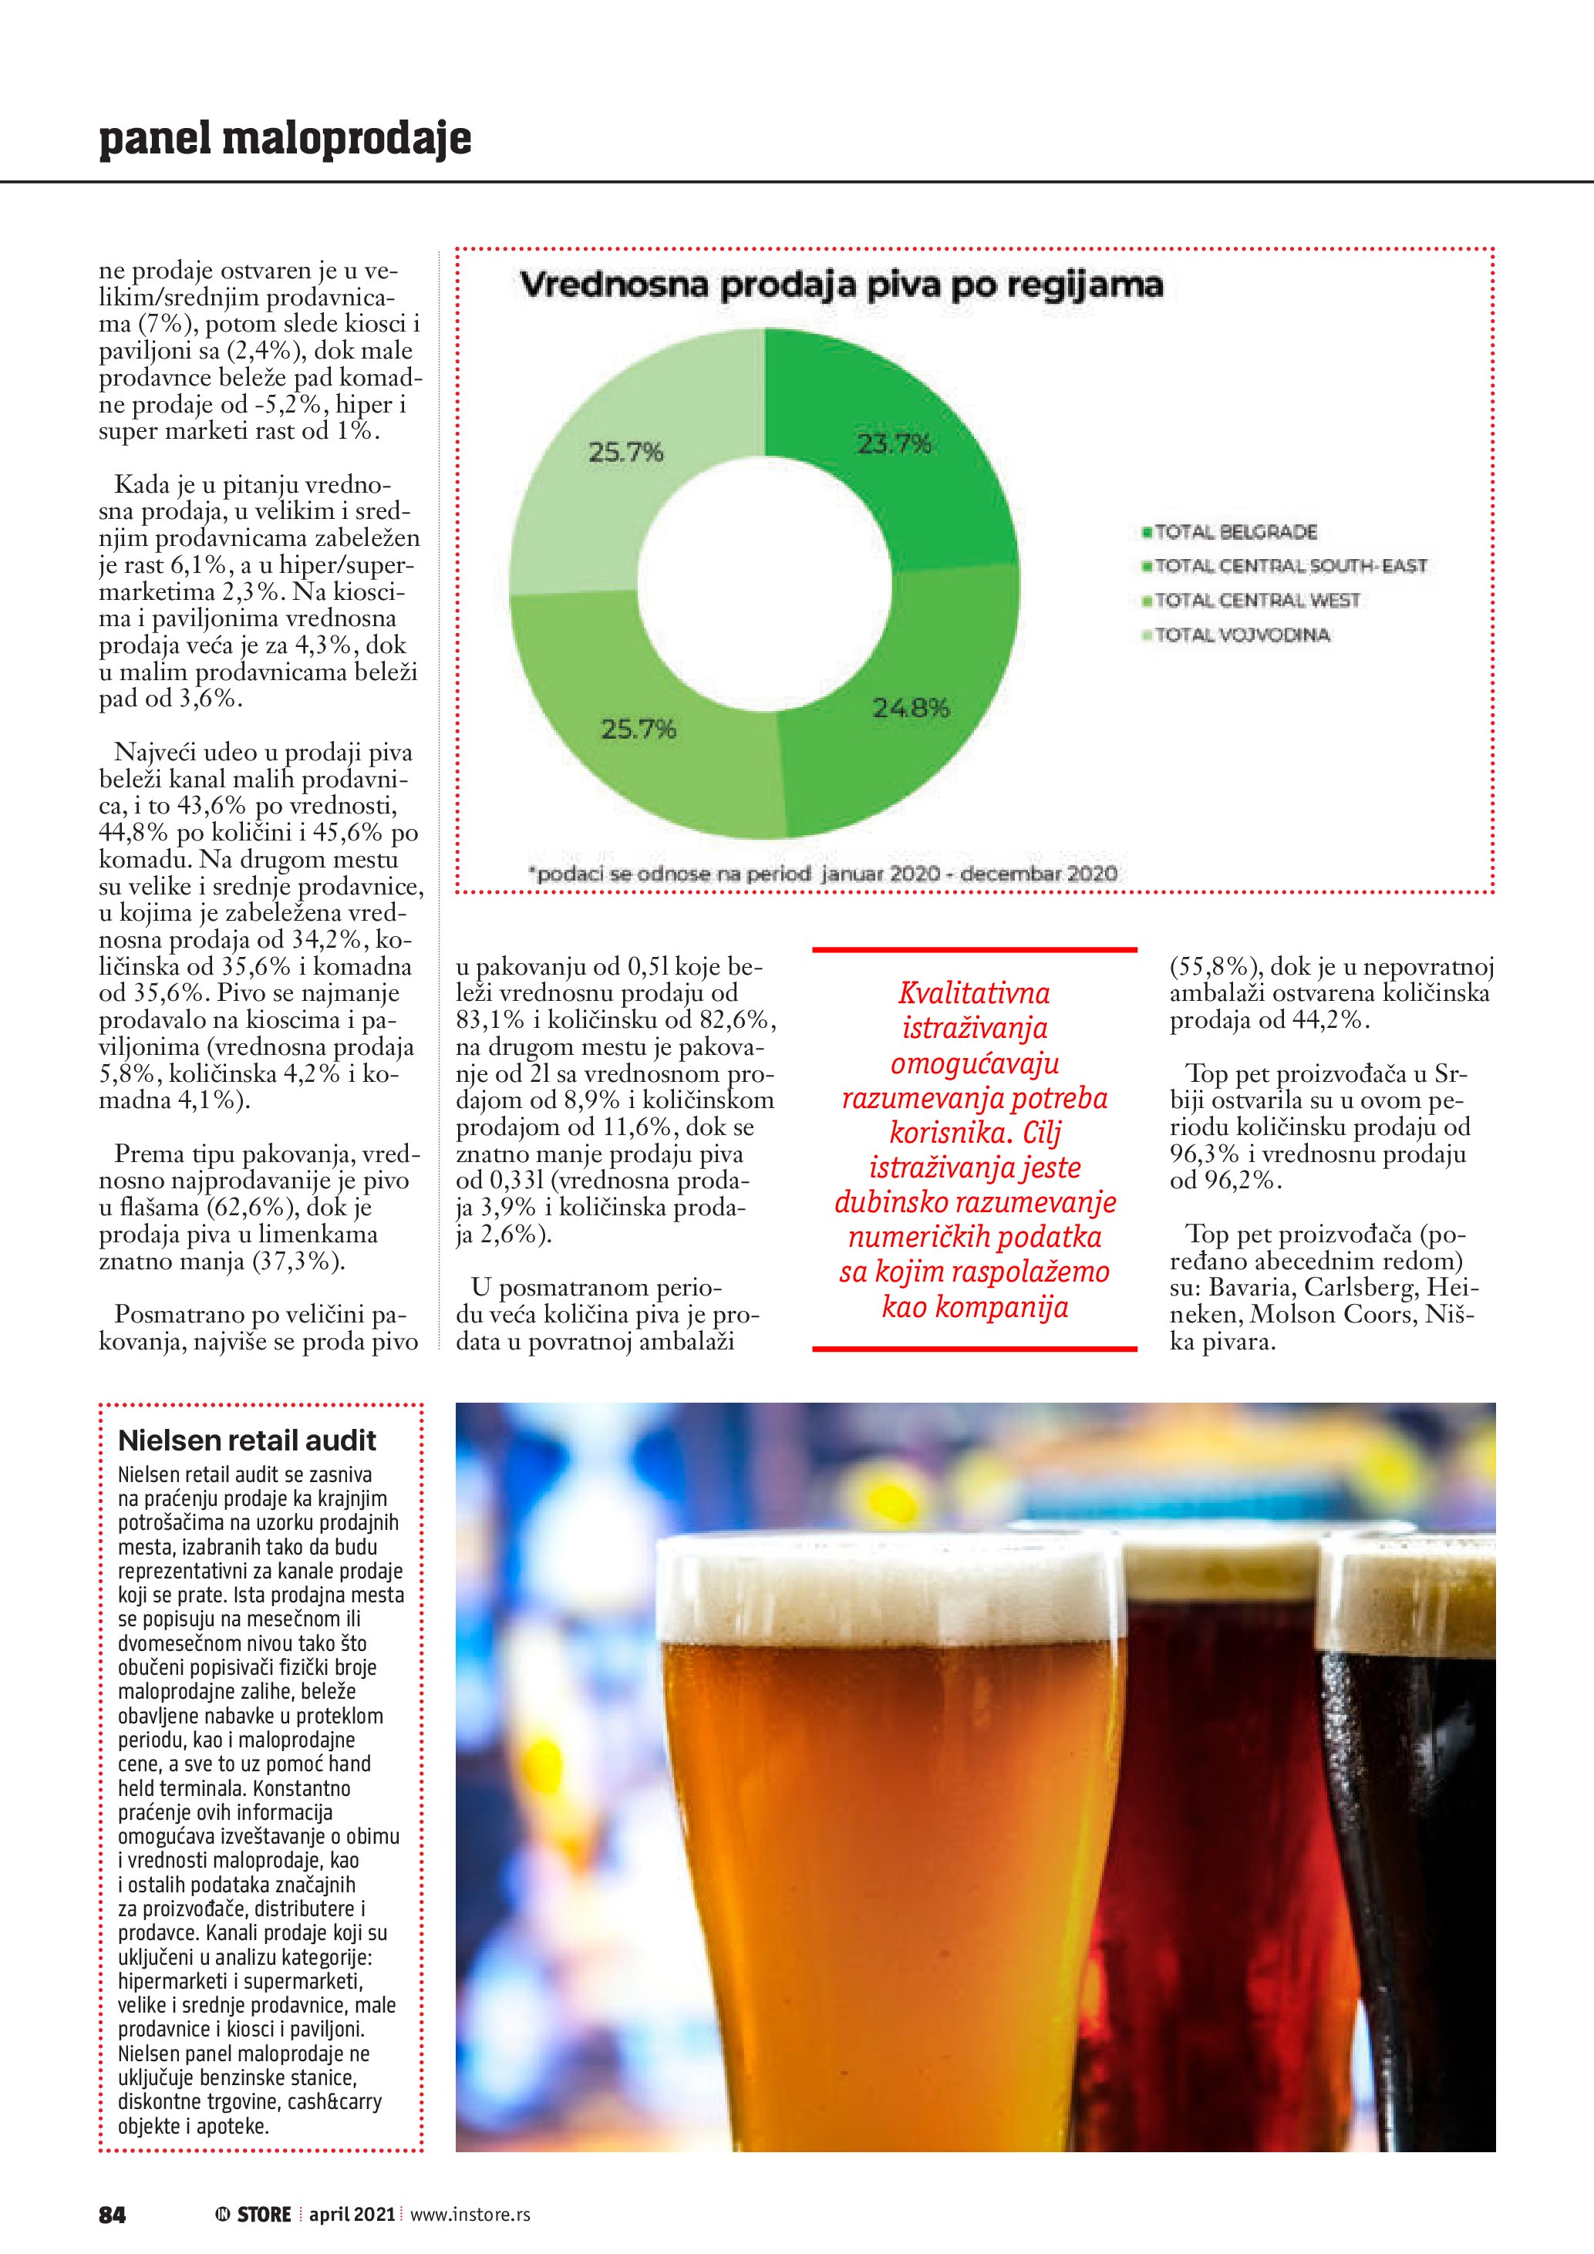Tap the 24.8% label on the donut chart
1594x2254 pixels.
pos(911,708)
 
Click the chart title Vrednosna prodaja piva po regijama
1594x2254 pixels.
pos(841,285)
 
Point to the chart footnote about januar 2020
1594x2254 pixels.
pos(823,873)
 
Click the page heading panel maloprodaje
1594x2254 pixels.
pos(285,139)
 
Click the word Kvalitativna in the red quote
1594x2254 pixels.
pos(974,993)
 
